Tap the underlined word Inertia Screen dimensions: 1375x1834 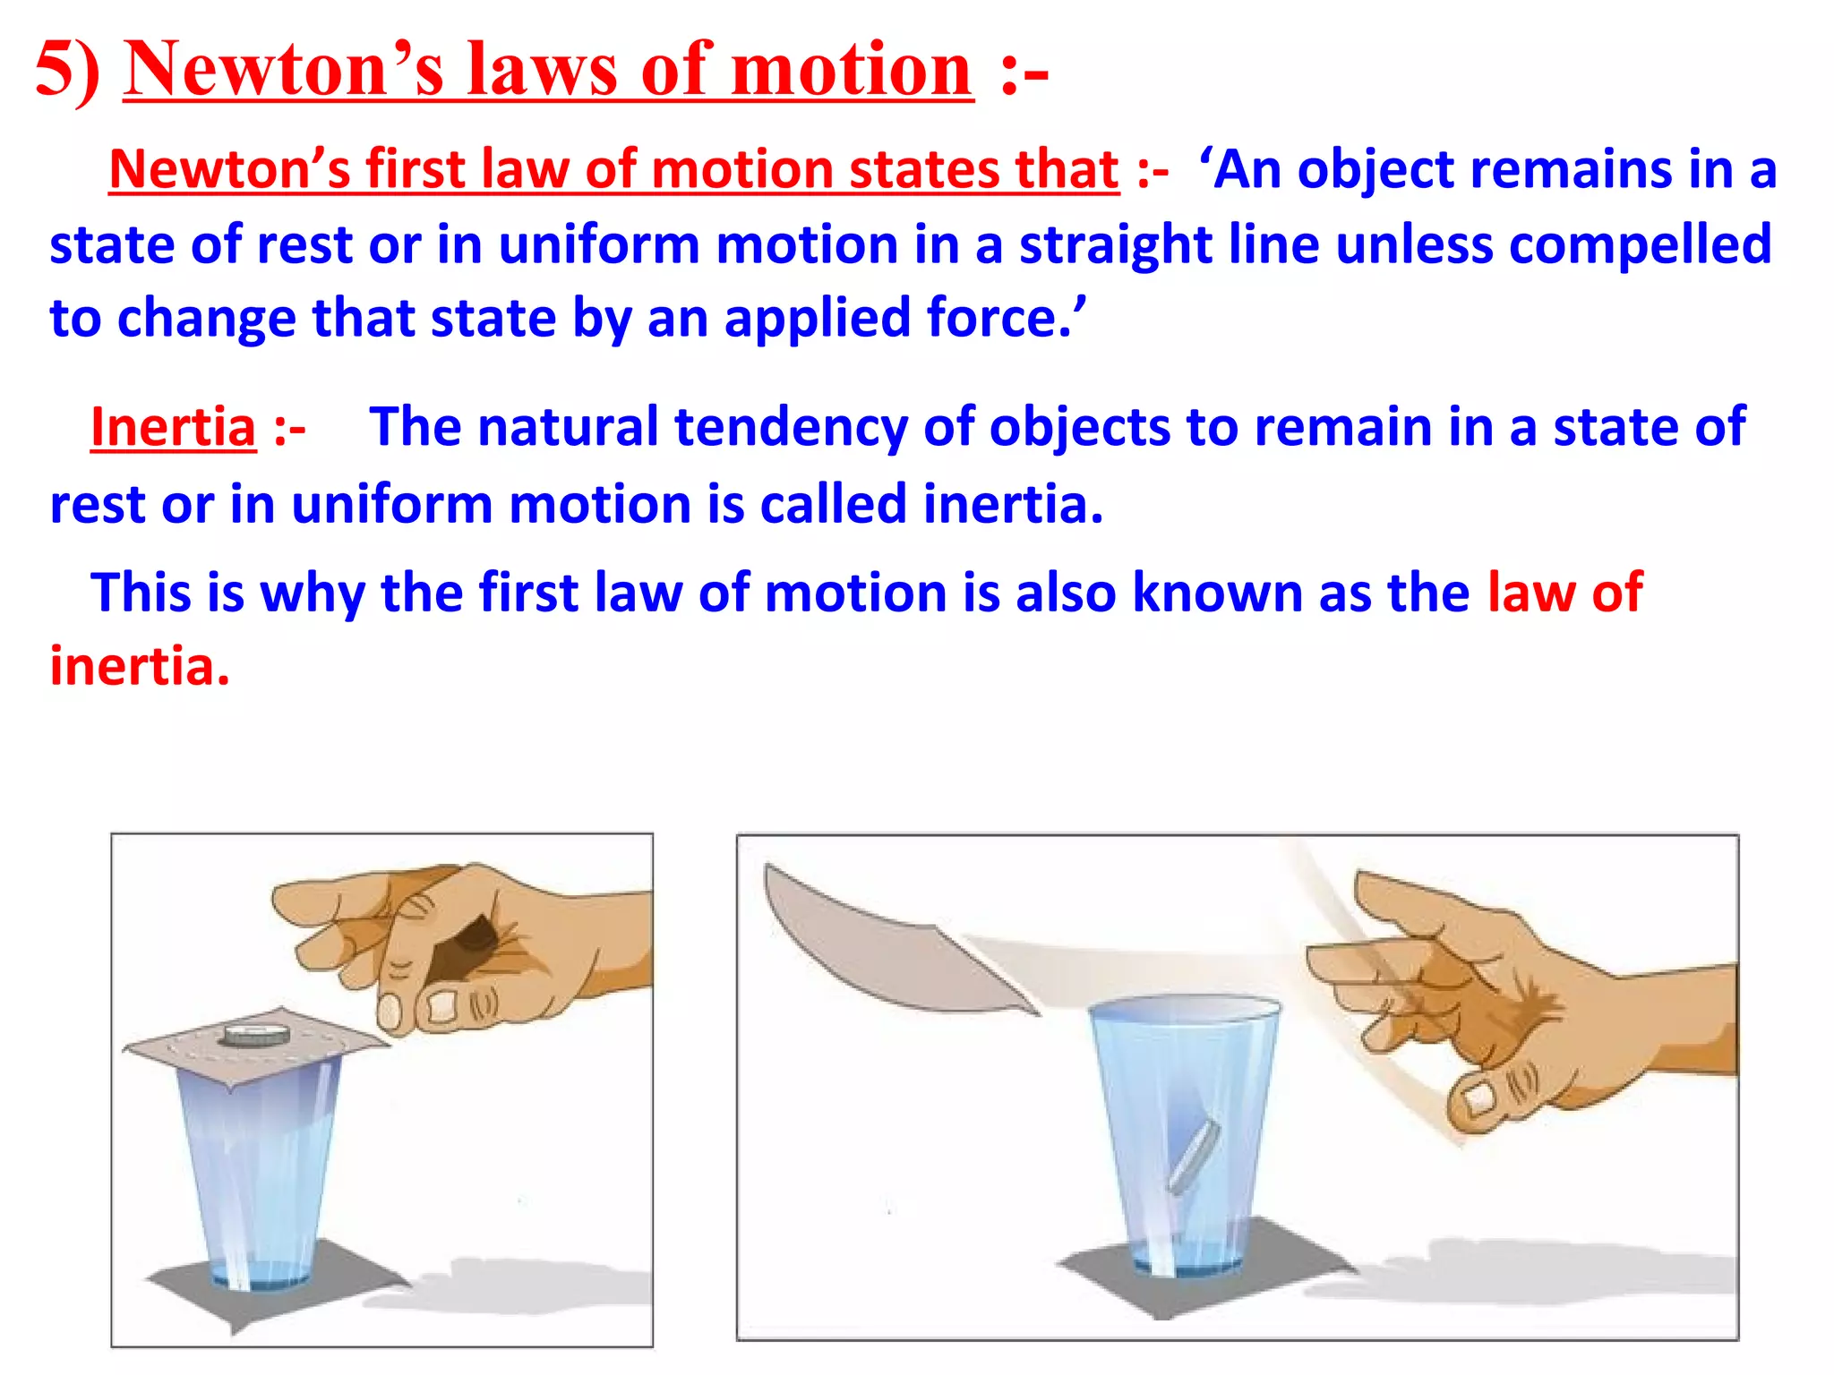coord(174,427)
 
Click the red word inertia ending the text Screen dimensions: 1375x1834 coord(139,667)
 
